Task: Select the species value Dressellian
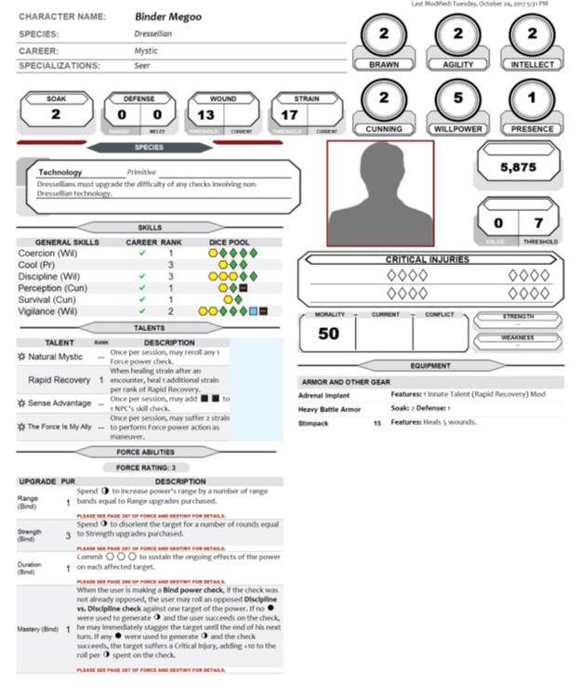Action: [x=155, y=33]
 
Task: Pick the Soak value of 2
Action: [x=56, y=114]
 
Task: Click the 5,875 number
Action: [x=520, y=168]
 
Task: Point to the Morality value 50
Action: [x=328, y=333]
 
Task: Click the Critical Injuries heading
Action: [x=427, y=259]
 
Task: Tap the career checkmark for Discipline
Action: [x=141, y=276]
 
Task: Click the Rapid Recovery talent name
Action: [x=59, y=379]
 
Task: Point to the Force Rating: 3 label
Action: [x=149, y=467]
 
